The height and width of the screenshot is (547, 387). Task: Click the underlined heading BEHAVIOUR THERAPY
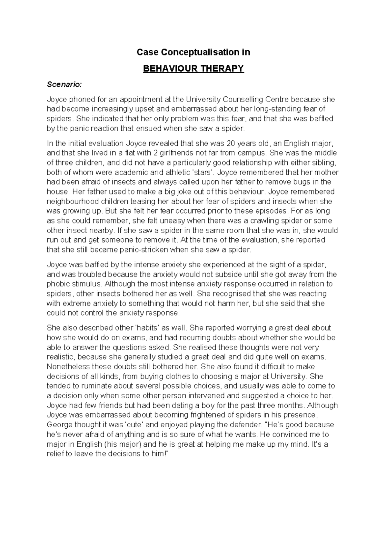coord(193,69)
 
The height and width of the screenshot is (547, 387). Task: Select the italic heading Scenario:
coord(64,85)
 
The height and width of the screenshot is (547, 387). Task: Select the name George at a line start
coord(59,425)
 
